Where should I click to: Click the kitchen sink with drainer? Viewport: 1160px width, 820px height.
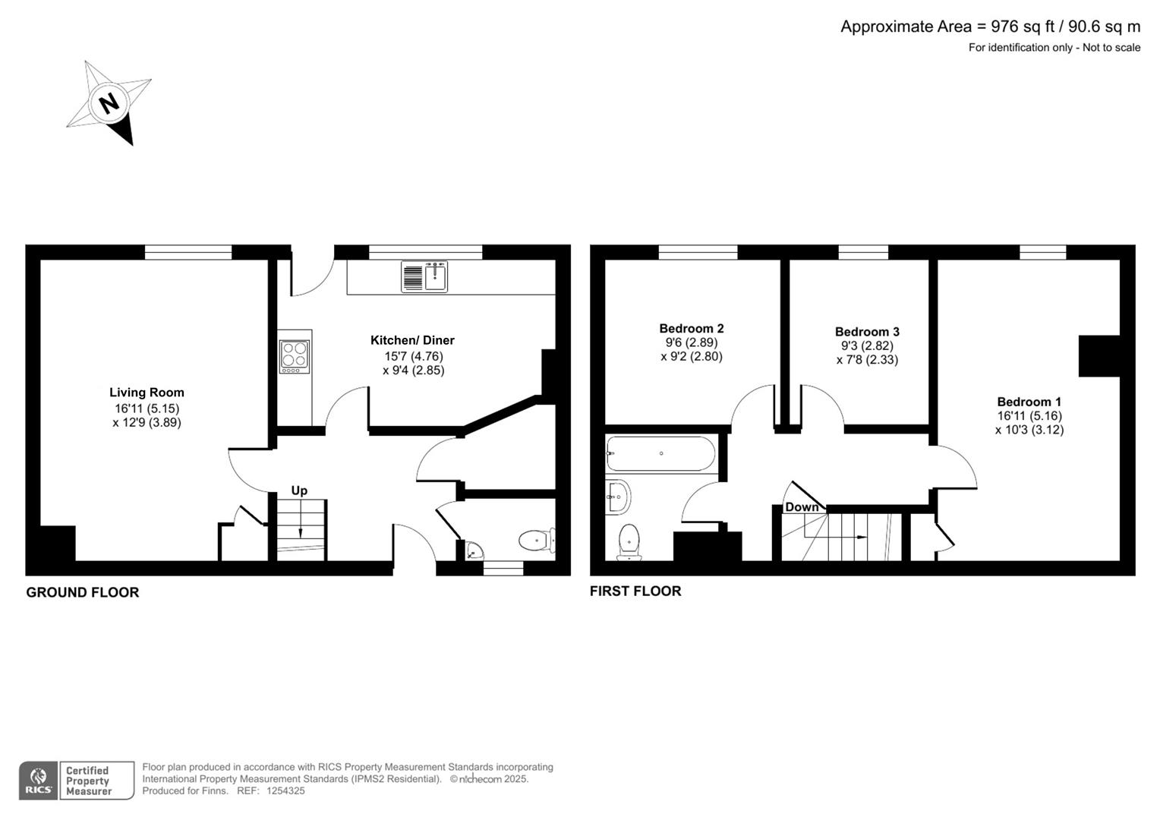pos(424,276)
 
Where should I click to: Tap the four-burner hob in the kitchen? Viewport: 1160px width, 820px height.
pos(295,356)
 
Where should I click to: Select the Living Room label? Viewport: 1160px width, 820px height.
pos(147,393)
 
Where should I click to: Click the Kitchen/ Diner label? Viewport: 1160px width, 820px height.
pos(412,340)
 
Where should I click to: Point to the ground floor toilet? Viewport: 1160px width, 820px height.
pos(537,540)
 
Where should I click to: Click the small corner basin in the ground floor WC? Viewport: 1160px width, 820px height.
pos(474,550)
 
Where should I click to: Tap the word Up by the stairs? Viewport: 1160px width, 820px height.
pos(299,490)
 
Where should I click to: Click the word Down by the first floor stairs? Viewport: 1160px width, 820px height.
pos(802,507)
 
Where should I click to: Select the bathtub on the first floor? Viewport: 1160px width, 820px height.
pos(660,454)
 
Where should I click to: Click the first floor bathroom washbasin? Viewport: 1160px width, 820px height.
pos(618,498)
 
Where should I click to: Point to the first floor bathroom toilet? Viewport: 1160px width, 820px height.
pos(629,541)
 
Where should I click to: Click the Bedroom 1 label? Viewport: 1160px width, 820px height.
pos(1029,402)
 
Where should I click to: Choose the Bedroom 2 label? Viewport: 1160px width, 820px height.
pos(691,328)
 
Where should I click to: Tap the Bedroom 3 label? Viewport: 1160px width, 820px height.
pos(867,332)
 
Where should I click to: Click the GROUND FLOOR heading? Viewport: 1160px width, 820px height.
pos(83,592)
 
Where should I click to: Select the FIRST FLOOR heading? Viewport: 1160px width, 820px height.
pos(635,591)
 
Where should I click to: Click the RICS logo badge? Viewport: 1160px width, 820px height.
pos(39,781)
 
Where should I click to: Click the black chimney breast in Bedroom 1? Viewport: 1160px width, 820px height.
pos(1099,356)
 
